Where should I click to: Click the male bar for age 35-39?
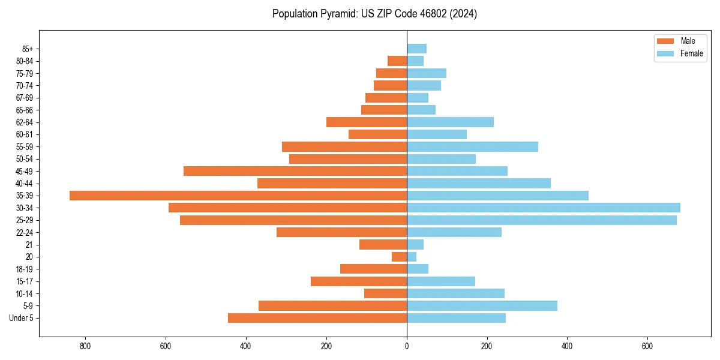tap(238, 196)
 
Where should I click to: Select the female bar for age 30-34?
tap(544, 208)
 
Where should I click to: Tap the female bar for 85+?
tap(416, 49)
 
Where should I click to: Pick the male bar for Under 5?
tap(317, 318)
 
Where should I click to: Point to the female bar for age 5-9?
tap(482, 306)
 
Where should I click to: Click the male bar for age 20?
tap(400, 257)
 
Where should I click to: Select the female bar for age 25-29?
tap(542, 220)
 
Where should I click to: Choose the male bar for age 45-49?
tap(295, 171)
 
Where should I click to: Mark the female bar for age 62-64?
tap(450, 122)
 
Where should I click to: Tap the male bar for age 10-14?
tap(385, 293)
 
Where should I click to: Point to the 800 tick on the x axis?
tap(85, 346)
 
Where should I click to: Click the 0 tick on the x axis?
tap(407, 346)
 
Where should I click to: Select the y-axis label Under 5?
tap(22, 318)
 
